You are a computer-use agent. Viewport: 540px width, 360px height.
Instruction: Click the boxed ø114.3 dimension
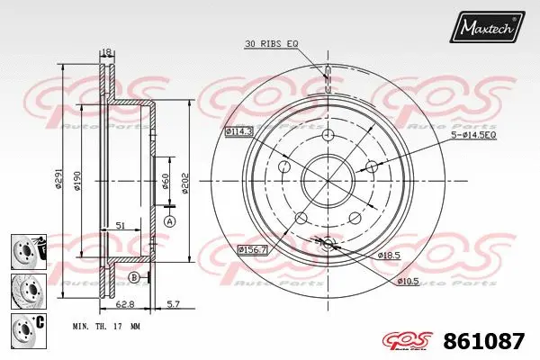(238, 131)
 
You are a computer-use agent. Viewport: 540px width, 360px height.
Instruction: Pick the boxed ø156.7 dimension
(254, 248)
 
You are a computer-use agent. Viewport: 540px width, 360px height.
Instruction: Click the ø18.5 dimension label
(389, 256)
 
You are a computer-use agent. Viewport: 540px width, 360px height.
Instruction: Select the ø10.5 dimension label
(409, 281)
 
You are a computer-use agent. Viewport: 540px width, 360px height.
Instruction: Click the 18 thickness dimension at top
(105, 52)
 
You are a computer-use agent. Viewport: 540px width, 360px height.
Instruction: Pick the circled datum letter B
(133, 276)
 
